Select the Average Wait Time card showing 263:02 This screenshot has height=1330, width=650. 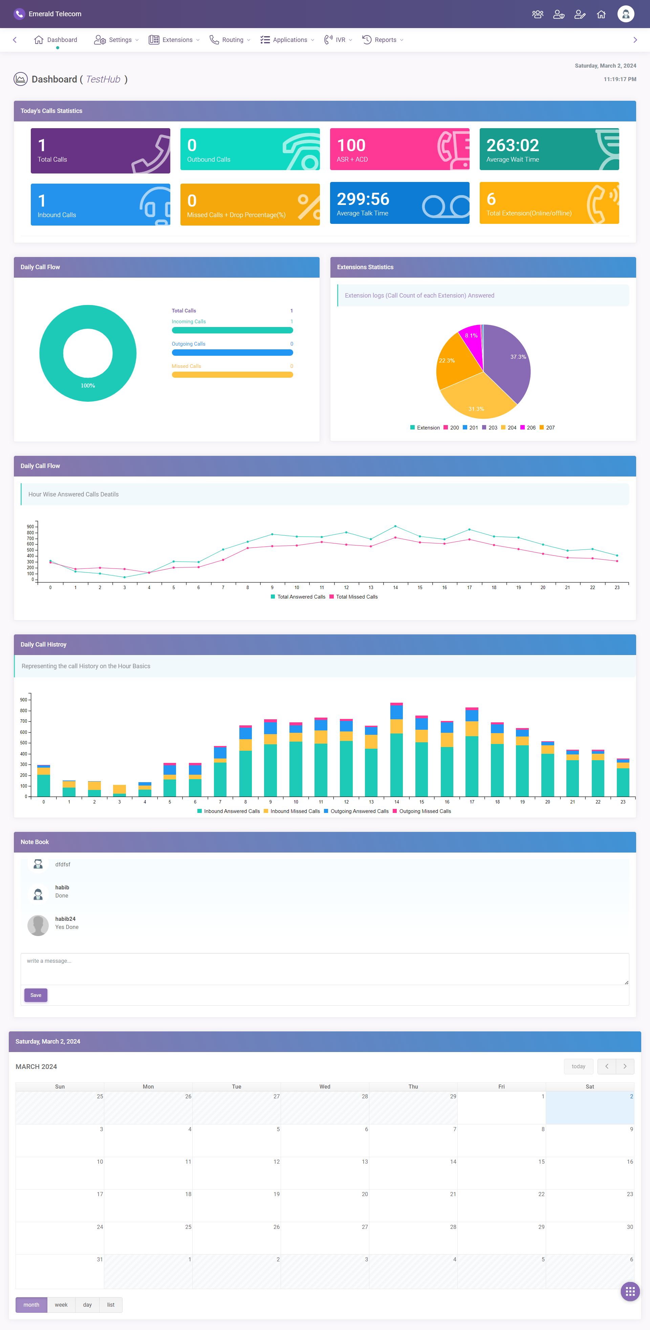click(x=549, y=149)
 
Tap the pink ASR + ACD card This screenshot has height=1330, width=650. click(x=399, y=149)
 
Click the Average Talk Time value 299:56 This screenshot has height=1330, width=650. click(x=363, y=199)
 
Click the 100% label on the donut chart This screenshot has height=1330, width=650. click(x=88, y=386)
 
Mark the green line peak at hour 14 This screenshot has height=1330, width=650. click(x=395, y=526)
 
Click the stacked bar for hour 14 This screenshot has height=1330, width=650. click(x=396, y=749)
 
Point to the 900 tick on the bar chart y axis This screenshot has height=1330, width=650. click(x=24, y=700)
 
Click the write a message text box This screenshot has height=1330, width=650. click(x=324, y=969)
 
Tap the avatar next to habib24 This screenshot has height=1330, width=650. click(x=38, y=925)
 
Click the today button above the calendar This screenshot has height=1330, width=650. click(x=578, y=1066)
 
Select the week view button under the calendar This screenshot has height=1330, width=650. click(x=61, y=1305)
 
